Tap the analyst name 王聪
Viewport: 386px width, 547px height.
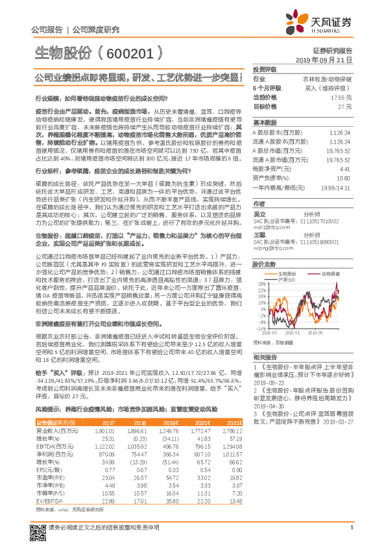[x=259, y=235]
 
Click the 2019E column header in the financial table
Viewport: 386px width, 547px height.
[x=171, y=422]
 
